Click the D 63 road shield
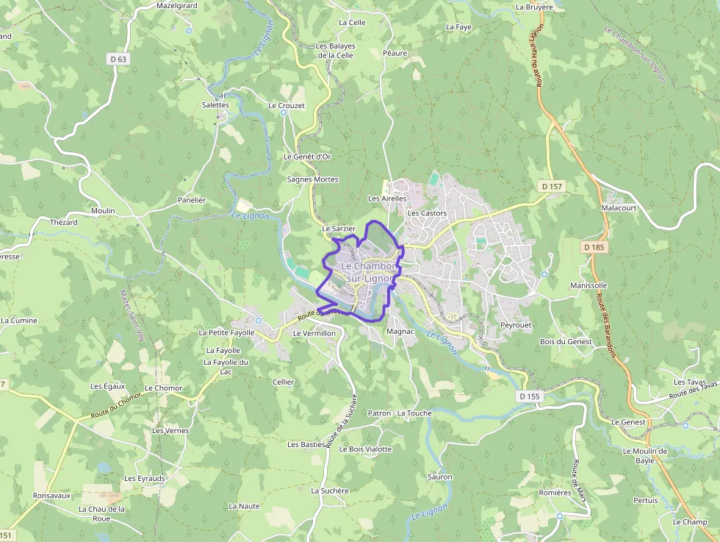(x=118, y=60)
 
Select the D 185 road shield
(x=594, y=248)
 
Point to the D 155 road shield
(x=529, y=396)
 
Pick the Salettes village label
(x=215, y=105)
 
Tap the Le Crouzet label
(x=287, y=106)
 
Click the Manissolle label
(x=588, y=285)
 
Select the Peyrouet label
(x=515, y=324)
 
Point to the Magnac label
(x=400, y=332)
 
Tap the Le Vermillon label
(x=314, y=333)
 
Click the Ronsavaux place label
(x=51, y=496)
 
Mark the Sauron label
(x=439, y=477)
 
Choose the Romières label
(x=555, y=493)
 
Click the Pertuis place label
(x=645, y=500)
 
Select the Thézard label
(x=63, y=222)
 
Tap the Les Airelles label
(x=387, y=199)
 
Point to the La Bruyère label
(x=534, y=7)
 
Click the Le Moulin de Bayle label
(x=644, y=455)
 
